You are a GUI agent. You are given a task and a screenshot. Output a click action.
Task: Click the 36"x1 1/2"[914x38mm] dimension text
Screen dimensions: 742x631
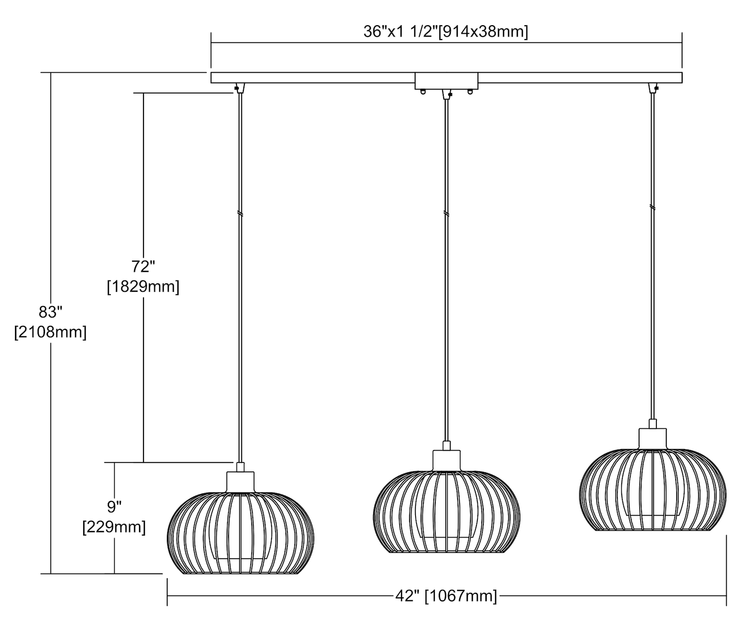[446, 32]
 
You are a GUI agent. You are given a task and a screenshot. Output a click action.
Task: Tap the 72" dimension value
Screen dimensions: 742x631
[143, 267]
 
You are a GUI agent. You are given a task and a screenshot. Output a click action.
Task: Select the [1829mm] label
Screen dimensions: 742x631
[143, 287]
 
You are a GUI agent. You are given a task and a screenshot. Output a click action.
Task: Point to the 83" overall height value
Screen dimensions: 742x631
[50, 312]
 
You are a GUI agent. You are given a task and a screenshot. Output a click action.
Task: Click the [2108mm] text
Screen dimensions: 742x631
[50, 332]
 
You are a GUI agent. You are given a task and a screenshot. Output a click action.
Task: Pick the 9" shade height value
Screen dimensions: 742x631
[114, 507]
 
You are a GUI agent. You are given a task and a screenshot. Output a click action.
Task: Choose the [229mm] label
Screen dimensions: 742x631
[114, 527]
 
